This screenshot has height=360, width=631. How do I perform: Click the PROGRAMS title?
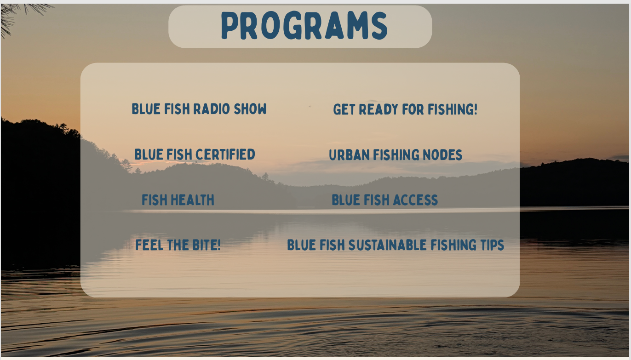(x=304, y=26)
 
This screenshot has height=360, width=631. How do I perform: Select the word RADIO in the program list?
(x=212, y=109)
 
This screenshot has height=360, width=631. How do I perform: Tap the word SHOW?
(x=250, y=109)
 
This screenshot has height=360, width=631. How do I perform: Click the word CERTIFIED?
(x=225, y=154)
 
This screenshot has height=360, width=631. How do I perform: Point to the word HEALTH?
(x=192, y=200)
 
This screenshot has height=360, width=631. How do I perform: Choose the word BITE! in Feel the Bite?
(x=207, y=245)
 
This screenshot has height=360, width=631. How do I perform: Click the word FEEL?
(x=149, y=245)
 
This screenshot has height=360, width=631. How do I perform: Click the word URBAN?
(x=350, y=155)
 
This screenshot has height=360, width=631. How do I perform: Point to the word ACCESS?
(x=415, y=200)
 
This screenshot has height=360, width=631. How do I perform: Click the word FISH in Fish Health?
(x=155, y=200)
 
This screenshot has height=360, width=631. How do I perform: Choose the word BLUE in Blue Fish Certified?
(x=149, y=154)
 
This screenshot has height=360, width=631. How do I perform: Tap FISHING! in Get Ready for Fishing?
(x=453, y=109)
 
